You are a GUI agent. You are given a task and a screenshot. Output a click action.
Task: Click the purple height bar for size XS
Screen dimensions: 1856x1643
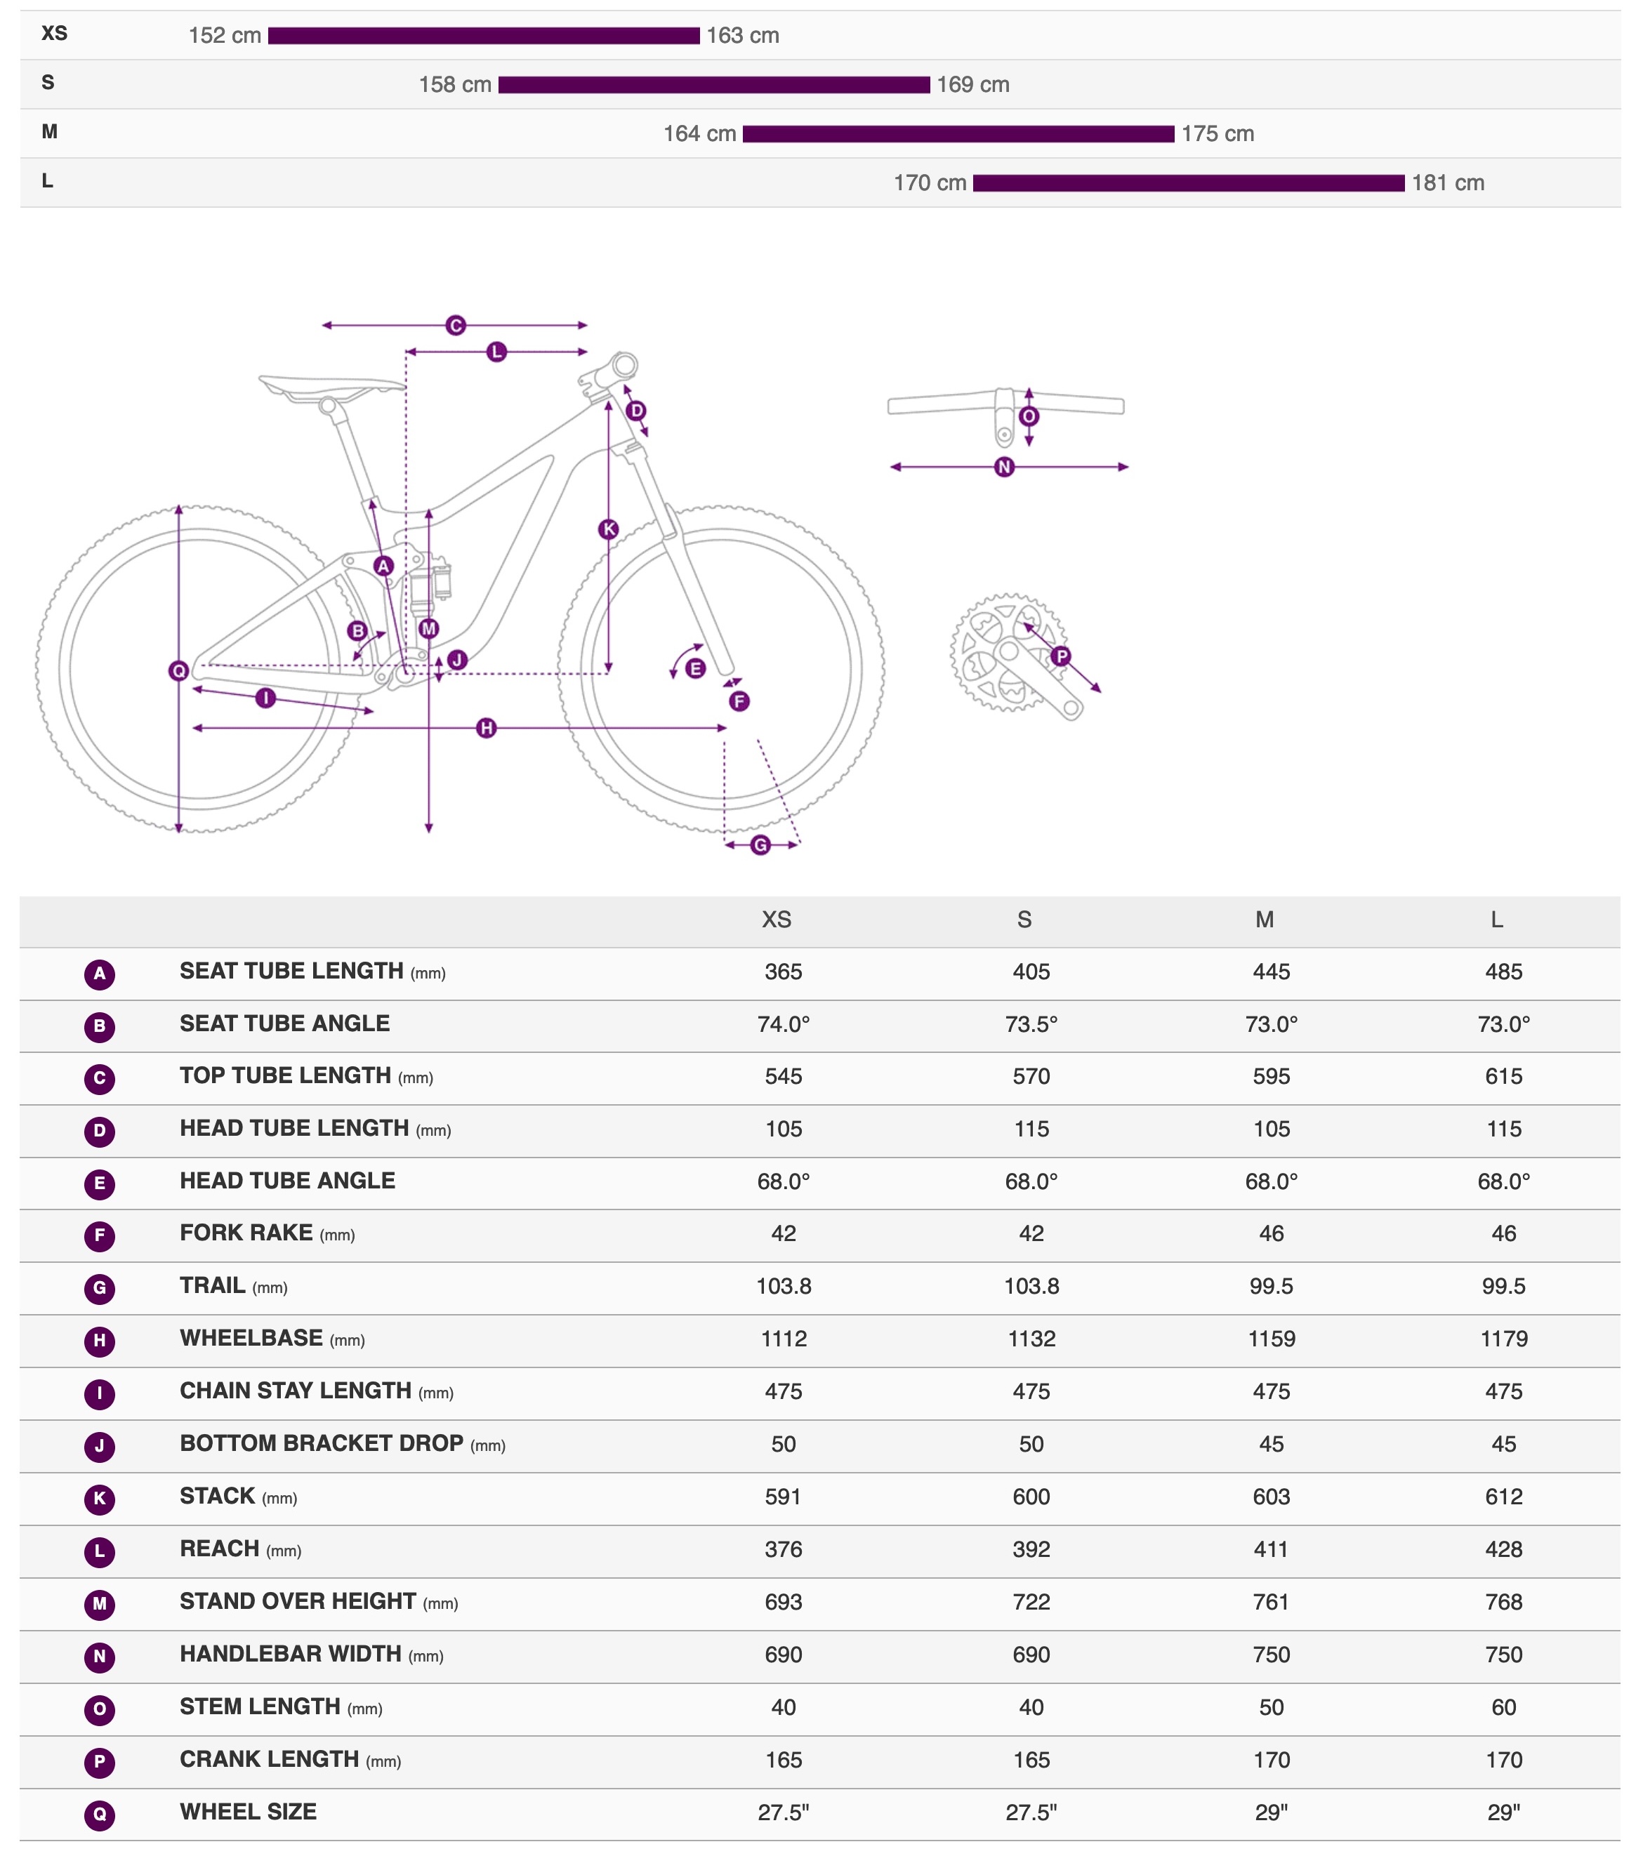(x=483, y=35)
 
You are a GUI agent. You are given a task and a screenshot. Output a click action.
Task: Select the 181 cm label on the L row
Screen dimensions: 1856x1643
(x=1447, y=183)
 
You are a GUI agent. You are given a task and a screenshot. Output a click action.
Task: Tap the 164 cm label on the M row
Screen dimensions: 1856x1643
(x=699, y=133)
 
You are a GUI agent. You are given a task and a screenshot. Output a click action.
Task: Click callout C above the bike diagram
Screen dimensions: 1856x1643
(x=455, y=325)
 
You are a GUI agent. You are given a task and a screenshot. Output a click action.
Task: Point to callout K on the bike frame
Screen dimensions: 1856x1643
(x=609, y=529)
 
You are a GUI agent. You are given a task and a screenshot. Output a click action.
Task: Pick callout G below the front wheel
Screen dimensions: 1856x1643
(x=760, y=845)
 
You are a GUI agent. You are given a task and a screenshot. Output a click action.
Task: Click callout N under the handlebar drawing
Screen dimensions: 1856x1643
(x=1003, y=467)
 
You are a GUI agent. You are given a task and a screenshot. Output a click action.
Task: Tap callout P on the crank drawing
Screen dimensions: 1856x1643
(x=1061, y=656)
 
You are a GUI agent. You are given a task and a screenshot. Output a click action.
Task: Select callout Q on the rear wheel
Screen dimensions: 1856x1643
(x=179, y=671)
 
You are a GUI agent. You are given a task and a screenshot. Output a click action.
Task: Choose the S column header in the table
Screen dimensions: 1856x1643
(x=1024, y=920)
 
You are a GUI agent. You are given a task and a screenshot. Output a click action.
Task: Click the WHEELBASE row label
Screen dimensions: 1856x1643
(x=251, y=1339)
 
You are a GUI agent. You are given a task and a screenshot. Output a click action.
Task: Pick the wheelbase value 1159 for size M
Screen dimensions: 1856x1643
(x=1271, y=1339)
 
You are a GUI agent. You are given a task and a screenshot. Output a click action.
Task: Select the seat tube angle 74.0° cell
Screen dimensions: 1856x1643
(x=783, y=1024)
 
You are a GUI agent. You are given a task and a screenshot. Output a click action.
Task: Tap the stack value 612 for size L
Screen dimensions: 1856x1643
(x=1503, y=1497)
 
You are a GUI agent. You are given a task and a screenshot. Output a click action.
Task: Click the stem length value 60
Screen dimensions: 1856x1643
(x=1503, y=1707)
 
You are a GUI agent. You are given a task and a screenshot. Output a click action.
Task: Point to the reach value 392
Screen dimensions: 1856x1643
(x=1031, y=1549)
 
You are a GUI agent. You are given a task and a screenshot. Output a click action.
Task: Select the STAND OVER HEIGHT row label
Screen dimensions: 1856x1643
(x=298, y=1602)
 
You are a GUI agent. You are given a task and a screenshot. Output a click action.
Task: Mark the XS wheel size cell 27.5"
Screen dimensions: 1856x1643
(x=783, y=1812)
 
